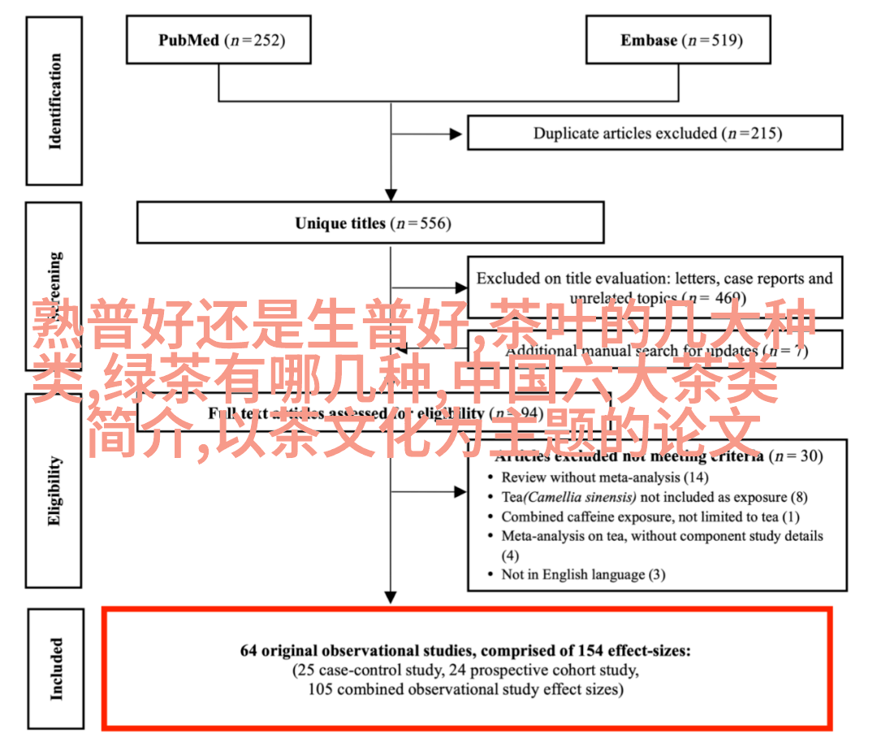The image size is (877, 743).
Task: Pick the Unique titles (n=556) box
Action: (370, 222)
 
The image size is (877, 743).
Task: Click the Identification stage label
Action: (54, 101)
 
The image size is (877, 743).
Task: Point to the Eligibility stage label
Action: (54, 490)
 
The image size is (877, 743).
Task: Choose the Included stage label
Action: (55, 668)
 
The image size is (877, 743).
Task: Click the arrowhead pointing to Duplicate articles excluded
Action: (460, 133)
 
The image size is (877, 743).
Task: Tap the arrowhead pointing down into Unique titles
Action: (391, 195)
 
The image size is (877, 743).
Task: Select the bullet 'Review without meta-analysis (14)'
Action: (604, 477)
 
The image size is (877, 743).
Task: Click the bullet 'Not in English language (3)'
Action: (582, 574)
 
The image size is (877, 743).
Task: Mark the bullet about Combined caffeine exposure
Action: (650, 516)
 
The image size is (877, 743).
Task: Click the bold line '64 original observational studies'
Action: (465, 650)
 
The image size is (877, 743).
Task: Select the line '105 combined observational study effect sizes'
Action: (465, 689)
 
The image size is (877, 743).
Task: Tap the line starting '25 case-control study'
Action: (465, 671)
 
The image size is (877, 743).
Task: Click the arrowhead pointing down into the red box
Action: (391, 599)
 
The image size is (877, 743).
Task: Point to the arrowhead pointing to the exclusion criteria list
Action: (460, 491)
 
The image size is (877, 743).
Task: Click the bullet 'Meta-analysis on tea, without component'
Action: (662, 536)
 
